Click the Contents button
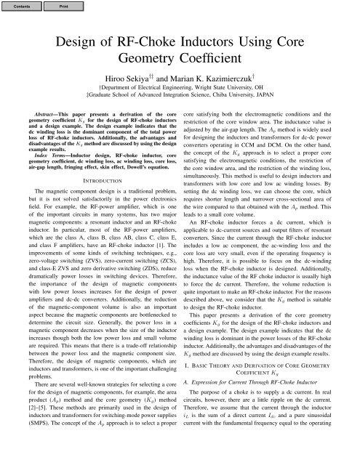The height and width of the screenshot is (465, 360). click(21, 7)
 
